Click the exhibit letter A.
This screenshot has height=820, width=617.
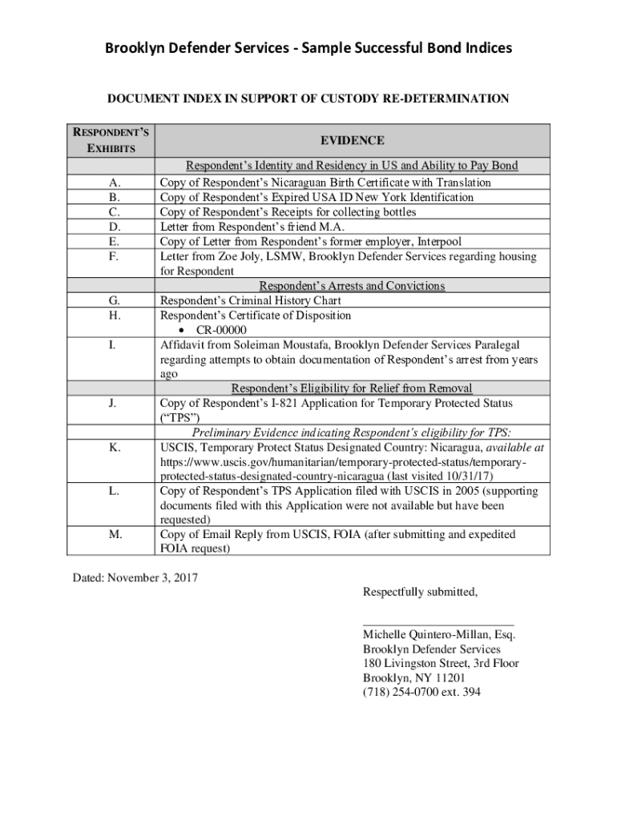114,183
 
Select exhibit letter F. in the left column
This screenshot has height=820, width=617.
114,256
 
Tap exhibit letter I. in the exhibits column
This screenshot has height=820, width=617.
114,344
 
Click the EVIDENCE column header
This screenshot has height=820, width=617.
353,141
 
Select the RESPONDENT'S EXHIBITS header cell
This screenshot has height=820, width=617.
111,140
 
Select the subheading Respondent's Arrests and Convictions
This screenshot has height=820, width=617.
352,286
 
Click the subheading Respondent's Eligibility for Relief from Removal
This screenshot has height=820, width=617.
352,389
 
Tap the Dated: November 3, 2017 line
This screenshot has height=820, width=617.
135,577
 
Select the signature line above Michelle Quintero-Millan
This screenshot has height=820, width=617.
438,623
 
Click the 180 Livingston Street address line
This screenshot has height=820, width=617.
441,664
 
